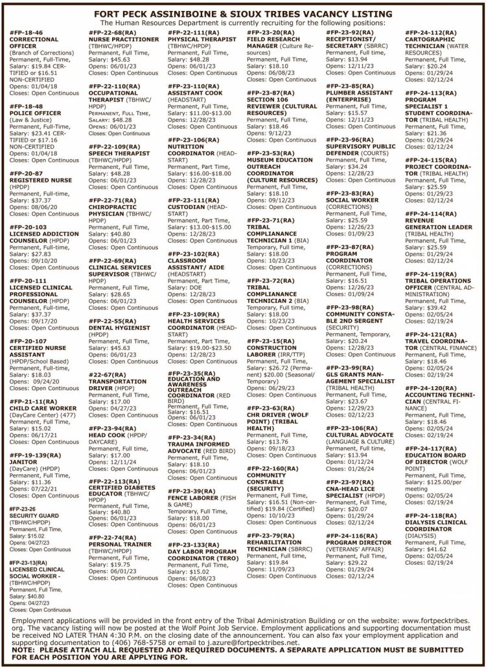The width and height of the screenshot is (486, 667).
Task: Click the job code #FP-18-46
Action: click(27, 32)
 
